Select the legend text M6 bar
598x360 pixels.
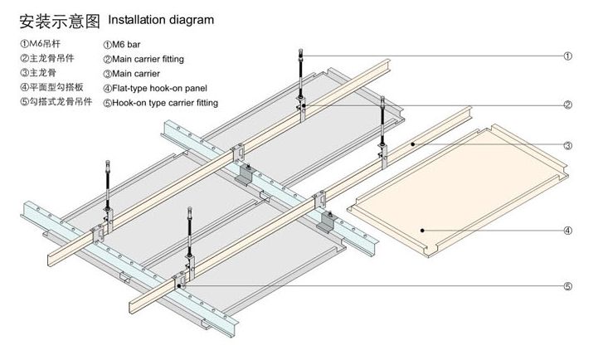pyautogui.click(x=129, y=44)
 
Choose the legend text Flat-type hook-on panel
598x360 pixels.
pyautogui.click(x=159, y=88)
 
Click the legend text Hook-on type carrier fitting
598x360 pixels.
pyautogui.click(x=165, y=103)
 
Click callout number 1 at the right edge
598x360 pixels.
pyautogui.click(x=568, y=56)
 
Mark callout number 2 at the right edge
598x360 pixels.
pyautogui.click(x=568, y=105)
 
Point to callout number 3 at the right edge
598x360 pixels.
pyautogui.click(x=568, y=146)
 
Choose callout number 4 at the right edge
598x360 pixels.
pyautogui.click(x=568, y=230)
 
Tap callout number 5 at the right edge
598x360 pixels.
pyautogui.click(x=568, y=287)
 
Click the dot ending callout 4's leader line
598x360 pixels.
pyautogui.click(x=422, y=230)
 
